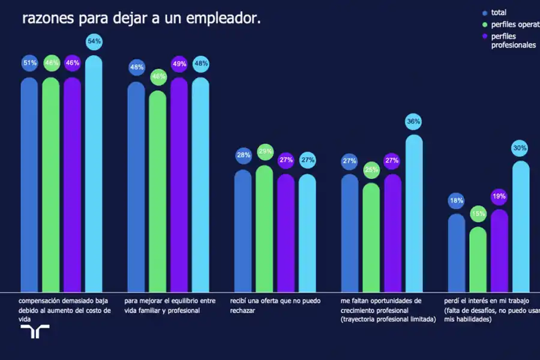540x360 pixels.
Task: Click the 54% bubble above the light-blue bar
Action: [x=94, y=41]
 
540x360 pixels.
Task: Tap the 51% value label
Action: [x=30, y=63]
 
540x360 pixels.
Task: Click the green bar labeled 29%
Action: [x=265, y=228]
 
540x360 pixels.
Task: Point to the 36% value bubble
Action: [x=413, y=122]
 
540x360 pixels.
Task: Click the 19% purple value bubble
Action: [x=499, y=196]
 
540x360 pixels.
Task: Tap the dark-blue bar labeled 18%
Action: [x=457, y=252]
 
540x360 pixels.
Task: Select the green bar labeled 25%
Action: [x=371, y=237]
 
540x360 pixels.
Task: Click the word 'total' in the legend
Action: [x=499, y=13]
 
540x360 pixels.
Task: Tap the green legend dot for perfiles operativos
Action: [x=485, y=25]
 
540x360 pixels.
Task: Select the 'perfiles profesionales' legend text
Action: [x=512, y=41]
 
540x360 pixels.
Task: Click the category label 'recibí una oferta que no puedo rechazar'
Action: [x=275, y=305]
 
